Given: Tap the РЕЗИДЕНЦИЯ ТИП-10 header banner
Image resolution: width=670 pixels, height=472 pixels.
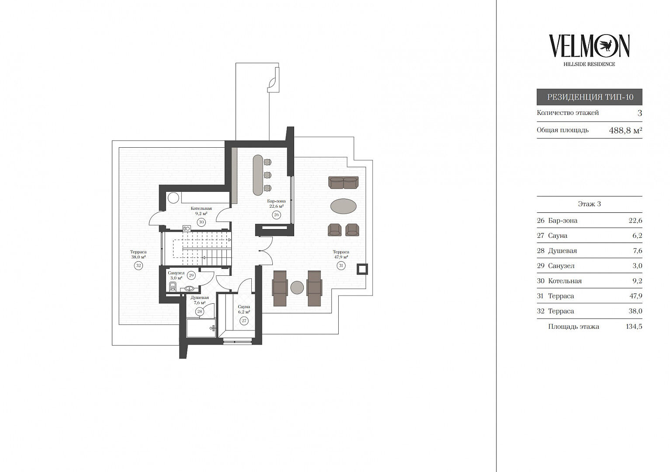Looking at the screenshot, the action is tap(589, 97).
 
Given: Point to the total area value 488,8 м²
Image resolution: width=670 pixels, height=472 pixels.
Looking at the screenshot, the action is tap(625, 130).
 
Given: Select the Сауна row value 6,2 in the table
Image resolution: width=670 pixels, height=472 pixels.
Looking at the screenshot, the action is tap(637, 236).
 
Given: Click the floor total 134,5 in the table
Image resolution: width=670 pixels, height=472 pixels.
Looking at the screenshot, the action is tap(634, 326).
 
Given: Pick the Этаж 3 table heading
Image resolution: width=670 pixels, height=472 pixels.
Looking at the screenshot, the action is tap(589, 204).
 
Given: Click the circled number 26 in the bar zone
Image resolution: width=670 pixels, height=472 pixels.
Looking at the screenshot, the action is tap(276, 215).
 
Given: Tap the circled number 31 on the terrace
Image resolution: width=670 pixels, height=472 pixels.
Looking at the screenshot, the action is tap(341, 265).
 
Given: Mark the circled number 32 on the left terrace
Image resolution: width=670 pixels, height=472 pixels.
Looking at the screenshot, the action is tap(138, 265).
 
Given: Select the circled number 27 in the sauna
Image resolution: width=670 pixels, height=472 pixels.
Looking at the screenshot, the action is tap(244, 321).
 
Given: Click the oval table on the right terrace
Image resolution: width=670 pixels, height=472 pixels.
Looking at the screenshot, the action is tap(344, 206).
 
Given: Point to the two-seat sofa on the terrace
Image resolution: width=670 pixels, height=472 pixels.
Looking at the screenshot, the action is tap(344, 182).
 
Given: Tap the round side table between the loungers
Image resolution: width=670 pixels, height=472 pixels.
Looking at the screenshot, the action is tap(297, 288).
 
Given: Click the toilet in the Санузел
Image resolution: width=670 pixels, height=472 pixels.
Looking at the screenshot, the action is tap(172, 287).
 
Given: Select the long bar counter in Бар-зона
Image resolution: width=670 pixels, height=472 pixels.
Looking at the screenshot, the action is tap(258, 175).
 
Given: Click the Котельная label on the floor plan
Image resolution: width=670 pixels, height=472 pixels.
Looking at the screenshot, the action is tap(201, 208).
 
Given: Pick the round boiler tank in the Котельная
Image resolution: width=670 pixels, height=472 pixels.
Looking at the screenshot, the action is tap(173, 198).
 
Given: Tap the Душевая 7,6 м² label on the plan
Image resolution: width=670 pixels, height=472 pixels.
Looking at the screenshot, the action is tap(199, 300).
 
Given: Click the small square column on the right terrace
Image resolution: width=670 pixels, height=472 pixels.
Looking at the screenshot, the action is tap(362, 269).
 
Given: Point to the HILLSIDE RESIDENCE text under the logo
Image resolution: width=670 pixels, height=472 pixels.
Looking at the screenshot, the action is tap(589, 64).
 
